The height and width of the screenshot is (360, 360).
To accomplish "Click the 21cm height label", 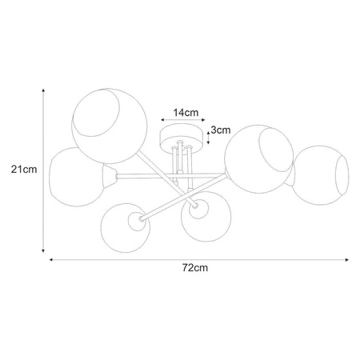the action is [24, 170].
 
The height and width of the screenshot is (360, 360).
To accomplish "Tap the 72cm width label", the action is [195, 267].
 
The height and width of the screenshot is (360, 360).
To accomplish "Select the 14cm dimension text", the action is [186, 113].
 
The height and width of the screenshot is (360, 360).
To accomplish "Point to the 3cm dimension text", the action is [221, 130].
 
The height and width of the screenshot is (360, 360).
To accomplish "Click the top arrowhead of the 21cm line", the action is [43, 90].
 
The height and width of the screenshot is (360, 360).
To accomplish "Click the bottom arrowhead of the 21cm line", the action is [43, 250].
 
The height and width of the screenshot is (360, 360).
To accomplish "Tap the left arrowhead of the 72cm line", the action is [51, 259].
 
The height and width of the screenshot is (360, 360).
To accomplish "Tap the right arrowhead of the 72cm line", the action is [346, 259].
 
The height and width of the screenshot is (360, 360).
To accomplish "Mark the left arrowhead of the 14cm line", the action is [162, 120].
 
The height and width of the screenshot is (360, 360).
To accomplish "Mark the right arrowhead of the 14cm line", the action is [203, 120].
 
